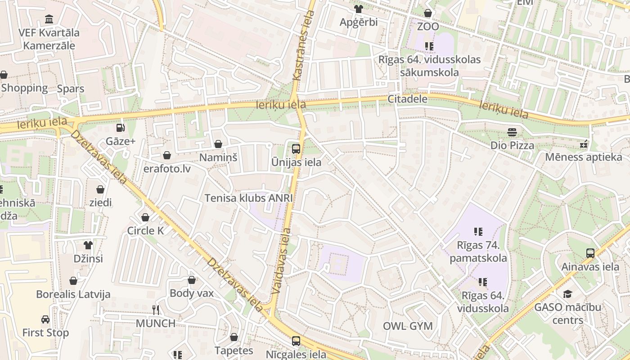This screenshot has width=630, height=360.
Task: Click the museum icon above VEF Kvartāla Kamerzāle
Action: pos(49,19)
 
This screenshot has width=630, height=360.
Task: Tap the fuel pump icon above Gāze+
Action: pos(120,128)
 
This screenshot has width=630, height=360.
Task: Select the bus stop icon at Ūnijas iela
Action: pos(296,148)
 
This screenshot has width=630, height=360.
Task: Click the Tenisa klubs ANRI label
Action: pos(249,198)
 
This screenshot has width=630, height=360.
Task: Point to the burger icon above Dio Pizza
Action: pos(512,132)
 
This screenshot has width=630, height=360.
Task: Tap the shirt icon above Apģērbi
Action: pos(358,9)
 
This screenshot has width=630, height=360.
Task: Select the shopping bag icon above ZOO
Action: pos(428,13)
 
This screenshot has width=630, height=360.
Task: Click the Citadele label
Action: pos(407,99)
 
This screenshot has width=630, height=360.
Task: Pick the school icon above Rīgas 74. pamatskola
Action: pos(478,232)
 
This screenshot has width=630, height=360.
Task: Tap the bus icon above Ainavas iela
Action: pos(590,253)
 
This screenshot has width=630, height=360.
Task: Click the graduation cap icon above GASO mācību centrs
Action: pos(567,294)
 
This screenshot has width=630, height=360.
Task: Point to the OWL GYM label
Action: pos(408,326)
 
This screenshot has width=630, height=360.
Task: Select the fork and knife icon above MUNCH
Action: pos(156,310)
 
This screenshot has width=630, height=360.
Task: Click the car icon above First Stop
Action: pos(45,319)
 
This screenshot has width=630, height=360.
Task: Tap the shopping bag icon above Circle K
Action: pos(145,218)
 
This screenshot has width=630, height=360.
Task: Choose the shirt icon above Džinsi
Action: pos(88,245)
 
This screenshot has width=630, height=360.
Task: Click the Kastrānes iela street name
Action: pos(304,45)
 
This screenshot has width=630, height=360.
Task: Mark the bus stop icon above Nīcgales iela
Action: pos(296,341)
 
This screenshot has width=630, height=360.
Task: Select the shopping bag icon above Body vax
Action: pos(192,280)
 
